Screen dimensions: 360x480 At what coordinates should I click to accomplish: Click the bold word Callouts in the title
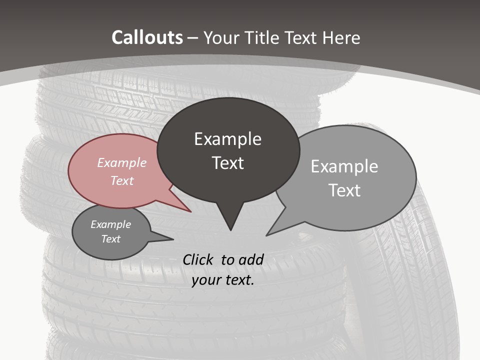point(147,37)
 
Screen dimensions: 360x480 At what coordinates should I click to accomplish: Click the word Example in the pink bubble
point(122,162)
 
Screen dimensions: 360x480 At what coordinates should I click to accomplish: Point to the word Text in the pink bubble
point(122,180)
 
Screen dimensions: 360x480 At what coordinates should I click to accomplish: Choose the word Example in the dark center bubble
point(227,139)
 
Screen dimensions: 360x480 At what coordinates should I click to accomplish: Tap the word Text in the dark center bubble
point(227,163)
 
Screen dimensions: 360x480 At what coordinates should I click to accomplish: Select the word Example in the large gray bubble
point(344,166)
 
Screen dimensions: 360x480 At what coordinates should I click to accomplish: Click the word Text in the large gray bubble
point(344,190)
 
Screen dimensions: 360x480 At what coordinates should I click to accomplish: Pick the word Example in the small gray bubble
point(111,224)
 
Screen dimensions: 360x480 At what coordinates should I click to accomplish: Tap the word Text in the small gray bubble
point(111,239)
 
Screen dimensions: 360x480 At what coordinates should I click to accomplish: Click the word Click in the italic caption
point(198,259)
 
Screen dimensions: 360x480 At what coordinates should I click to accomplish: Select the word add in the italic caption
point(250,259)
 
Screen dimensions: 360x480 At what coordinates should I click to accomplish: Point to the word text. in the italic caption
point(238,280)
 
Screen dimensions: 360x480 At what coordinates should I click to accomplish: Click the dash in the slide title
point(193,38)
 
